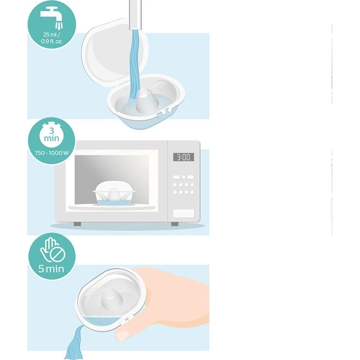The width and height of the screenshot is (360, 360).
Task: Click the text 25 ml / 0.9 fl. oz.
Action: [x=52, y=38]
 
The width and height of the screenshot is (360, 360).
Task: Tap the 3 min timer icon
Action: [x=52, y=135]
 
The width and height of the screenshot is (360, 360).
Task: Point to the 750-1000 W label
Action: [x=52, y=153]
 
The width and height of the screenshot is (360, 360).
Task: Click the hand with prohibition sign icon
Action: [x=52, y=250]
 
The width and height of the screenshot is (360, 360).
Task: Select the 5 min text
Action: [x=51, y=269]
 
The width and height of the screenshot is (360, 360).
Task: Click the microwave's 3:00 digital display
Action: [x=184, y=157]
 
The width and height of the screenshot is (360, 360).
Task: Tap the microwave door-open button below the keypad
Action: [x=184, y=213]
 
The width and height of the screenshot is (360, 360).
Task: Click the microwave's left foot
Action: [x=77, y=224]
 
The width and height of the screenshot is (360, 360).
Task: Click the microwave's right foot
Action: [x=175, y=224]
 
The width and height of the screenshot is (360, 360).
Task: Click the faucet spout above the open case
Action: [x=136, y=15]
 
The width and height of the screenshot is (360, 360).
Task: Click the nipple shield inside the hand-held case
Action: [x=110, y=299]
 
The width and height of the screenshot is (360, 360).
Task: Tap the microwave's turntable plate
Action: [x=112, y=208]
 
